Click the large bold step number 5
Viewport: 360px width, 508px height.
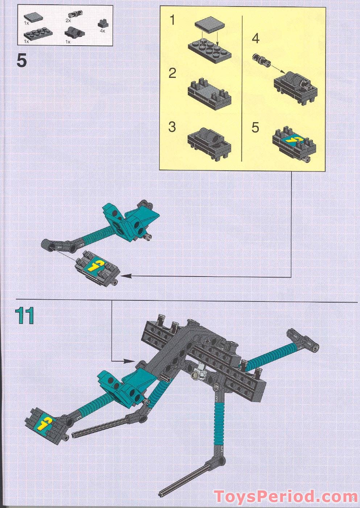point(22,61)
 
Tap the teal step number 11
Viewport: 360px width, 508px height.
point(25,316)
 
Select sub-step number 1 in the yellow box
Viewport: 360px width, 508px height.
point(173,20)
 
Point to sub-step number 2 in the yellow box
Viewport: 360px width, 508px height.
point(173,74)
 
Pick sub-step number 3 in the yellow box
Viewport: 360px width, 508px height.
point(172,127)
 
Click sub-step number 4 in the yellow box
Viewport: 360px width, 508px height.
point(256,38)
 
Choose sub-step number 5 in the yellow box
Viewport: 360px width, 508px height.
point(256,128)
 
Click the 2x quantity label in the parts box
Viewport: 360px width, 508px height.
point(68,21)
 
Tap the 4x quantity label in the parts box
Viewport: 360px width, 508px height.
point(102,31)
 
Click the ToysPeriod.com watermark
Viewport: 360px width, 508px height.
point(285,496)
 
